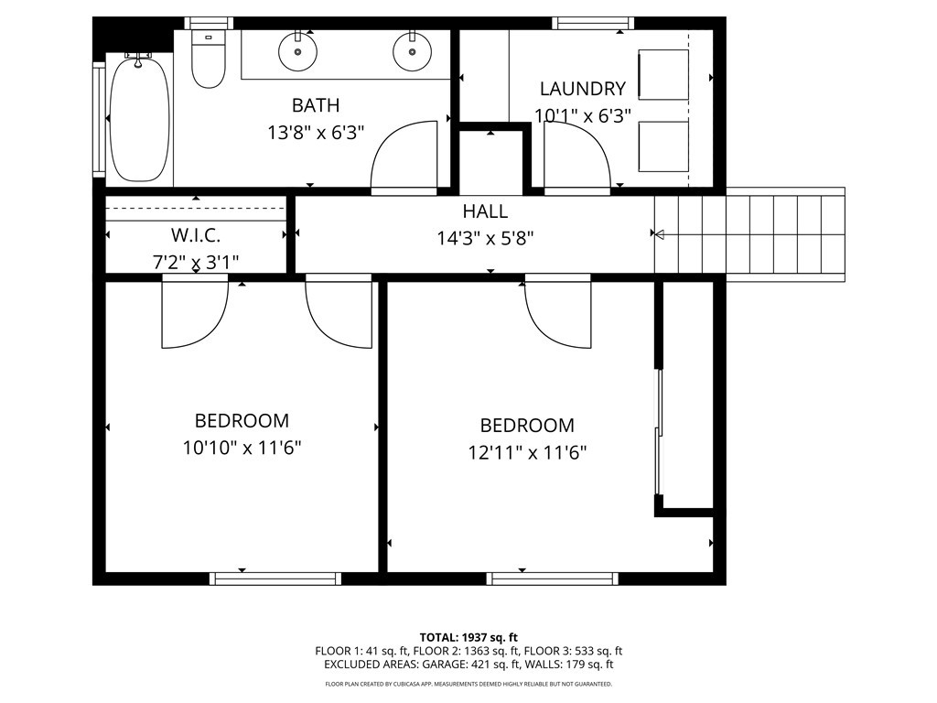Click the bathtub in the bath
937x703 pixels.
(x=139, y=118)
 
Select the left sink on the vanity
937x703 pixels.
(x=298, y=51)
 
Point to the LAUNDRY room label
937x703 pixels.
(x=583, y=89)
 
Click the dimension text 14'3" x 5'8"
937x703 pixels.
(x=485, y=239)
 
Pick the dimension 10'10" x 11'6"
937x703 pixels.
(x=242, y=448)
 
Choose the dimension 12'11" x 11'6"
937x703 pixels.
(x=527, y=452)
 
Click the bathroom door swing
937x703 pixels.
(x=404, y=157)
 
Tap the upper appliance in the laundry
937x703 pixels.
(x=663, y=74)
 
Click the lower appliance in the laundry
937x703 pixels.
(x=663, y=146)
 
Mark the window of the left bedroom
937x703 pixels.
(x=275, y=579)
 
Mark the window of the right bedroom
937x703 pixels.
(x=553, y=579)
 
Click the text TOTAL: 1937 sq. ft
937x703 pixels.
(x=468, y=637)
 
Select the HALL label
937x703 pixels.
(x=485, y=211)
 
